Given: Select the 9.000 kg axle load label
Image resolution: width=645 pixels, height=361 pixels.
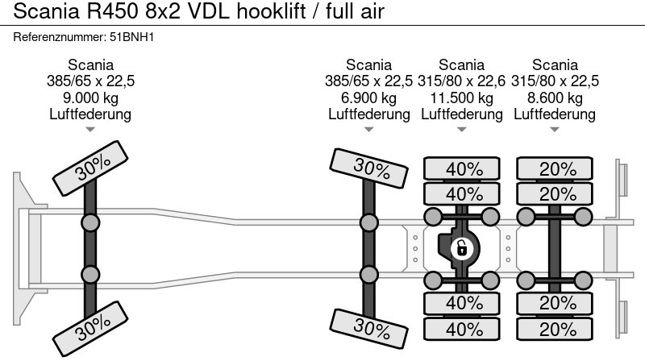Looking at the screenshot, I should pos(90,98).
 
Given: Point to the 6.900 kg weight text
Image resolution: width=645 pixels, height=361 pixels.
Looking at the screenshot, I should pos(368,98).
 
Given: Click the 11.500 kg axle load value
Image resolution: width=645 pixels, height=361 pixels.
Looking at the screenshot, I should pos(462,98).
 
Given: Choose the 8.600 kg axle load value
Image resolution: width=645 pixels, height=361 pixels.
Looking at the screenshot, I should pos(555,98).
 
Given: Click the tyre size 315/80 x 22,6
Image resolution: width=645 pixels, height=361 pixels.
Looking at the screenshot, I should pos(462,81).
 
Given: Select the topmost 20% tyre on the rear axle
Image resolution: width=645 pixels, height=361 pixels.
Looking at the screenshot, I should pos(558,169).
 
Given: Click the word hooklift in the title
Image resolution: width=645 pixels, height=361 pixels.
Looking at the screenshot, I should pos(273,12).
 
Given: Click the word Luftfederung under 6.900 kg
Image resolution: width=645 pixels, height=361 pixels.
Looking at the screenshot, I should pos(368,114).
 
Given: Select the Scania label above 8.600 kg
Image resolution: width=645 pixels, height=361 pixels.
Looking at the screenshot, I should pos(555,65).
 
